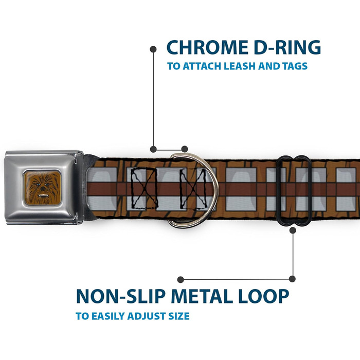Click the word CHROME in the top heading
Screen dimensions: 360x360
pyautogui.click(x=207, y=47)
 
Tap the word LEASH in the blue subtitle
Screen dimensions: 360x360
pyautogui.click(x=240, y=66)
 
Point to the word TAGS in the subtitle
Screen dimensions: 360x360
pyautogui.click(x=295, y=66)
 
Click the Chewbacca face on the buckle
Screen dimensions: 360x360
pyautogui.click(x=43, y=188)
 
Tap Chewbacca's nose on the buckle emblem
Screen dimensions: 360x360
pyautogui.click(x=43, y=188)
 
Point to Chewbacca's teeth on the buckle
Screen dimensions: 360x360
pyautogui.click(x=43, y=196)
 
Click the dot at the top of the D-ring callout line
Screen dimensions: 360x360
pyautogui.click(x=153, y=49)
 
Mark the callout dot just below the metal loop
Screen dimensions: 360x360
pyautogui.click(x=293, y=230)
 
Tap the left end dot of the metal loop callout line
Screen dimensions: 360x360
pyautogui.click(x=181, y=279)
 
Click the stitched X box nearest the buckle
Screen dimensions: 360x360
pyautogui.click(x=145, y=188)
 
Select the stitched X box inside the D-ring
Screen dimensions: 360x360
pyautogui.click(x=193, y=189)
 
